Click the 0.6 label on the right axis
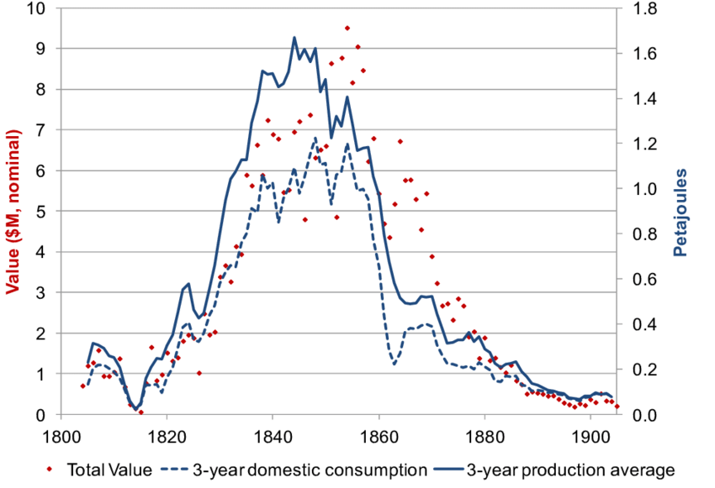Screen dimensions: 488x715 click(x=637, y=279)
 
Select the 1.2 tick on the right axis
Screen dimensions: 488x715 click(x=637, y=144)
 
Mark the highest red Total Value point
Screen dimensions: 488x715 click(x=347, y=28)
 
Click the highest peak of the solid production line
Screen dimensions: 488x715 click(x=294, y=37)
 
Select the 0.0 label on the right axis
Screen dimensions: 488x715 click(x=637, y=415)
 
